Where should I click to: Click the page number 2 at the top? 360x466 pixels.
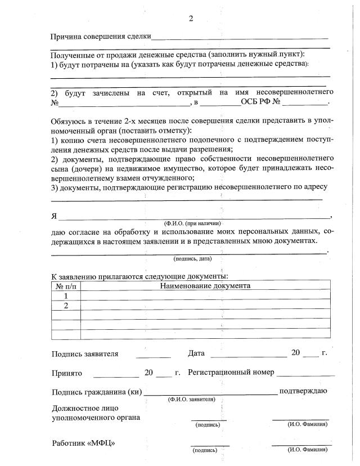click(x=191, y=19)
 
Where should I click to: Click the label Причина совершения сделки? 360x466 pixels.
click(x=101, y=37)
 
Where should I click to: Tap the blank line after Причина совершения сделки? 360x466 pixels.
click(x=240, y=38)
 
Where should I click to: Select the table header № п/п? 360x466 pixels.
click(x=66, y=286)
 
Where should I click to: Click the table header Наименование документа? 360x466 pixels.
click(x=205, y=286)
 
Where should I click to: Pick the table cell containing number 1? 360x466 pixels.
click(x=66, y=295)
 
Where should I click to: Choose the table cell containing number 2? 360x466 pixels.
click(x=66, y=306)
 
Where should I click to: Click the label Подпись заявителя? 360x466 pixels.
click(x=85, y=354)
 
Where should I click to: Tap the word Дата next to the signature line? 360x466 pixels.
click(x=196, y=353)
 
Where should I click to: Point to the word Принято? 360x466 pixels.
click(x=67, y=373)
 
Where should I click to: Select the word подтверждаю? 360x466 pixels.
click(x=303, y=391)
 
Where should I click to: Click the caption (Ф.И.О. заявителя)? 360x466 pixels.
click(x=191, y=399)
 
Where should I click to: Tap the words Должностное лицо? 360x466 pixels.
click(x=82, y=408)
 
